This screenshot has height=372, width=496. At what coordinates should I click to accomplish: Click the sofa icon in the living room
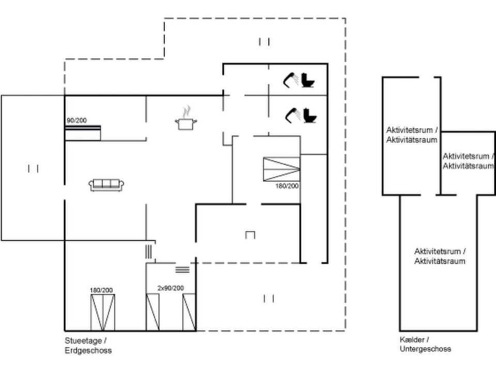coord(106,184)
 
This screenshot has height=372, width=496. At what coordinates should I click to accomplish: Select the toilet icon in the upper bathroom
coord(308,80)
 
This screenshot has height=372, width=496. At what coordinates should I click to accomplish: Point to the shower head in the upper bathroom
coord(290,79)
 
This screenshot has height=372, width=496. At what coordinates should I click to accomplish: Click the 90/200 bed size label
coord(76,120)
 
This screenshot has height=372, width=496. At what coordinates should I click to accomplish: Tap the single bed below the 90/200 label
coord(83,133)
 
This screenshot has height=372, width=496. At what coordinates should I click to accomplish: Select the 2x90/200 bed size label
coord(171,288)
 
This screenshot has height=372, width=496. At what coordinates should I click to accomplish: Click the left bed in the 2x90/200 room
coord(152,312)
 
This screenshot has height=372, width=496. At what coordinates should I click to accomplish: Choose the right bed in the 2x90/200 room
coord(189,312)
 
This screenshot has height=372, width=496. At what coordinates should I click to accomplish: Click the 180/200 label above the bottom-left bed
coord(101,290)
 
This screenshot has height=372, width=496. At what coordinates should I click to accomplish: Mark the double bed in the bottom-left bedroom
coord(102,312)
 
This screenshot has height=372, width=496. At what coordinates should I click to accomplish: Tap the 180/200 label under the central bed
coord(287,185)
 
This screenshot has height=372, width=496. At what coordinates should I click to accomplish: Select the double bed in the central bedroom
coord(281,169)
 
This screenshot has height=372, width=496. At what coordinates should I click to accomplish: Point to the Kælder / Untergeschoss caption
coord(425,344)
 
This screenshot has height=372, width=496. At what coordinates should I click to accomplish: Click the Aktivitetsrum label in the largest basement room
coord(440,256)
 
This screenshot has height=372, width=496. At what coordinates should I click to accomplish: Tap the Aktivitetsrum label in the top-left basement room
coord(411,134)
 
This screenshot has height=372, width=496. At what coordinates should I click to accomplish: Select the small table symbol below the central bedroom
coord(251,235)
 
